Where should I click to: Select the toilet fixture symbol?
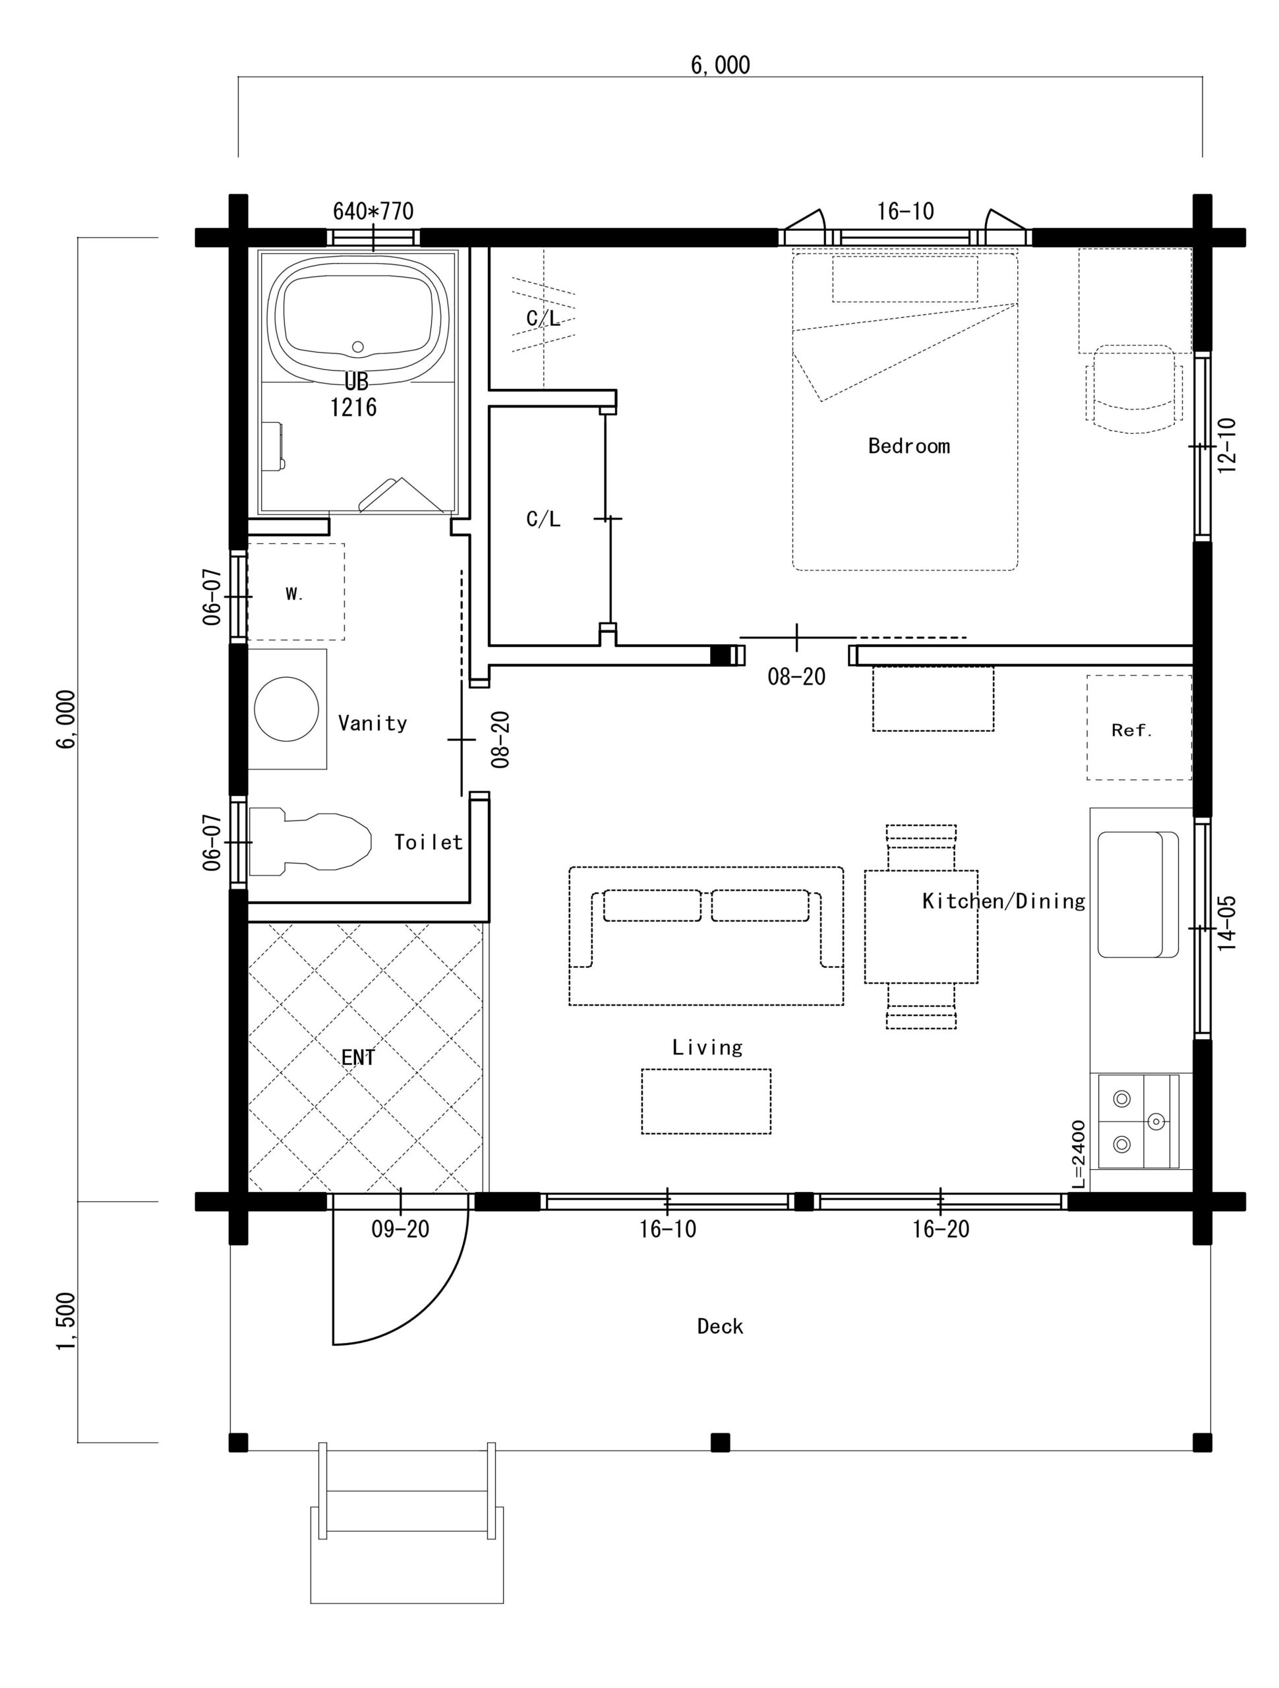310,840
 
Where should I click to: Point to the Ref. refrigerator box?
1139,727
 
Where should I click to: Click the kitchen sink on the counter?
1137,894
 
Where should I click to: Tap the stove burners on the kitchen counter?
1138,1121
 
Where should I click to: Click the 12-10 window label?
1226,446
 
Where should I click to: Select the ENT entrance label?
358,1058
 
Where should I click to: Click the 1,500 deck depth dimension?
67,1321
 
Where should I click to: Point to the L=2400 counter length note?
1079,1154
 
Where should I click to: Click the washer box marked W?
295,591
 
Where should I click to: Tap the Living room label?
707,1047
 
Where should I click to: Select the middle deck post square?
720,1442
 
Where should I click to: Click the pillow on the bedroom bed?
905,278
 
